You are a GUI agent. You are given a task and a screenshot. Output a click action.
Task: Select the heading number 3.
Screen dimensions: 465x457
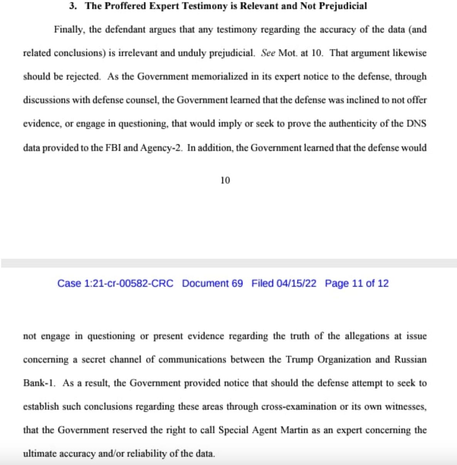(72, 6)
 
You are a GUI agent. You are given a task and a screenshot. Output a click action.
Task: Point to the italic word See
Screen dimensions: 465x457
(268, 53)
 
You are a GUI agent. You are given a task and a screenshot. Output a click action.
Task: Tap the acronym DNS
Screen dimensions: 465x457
(417, 124)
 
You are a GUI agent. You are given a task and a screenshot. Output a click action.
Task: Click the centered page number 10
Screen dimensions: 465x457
(225, 180)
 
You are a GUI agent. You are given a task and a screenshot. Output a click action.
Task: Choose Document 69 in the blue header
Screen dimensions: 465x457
(212, 284)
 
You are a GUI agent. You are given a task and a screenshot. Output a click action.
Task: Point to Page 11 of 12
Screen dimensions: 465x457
(356, 284)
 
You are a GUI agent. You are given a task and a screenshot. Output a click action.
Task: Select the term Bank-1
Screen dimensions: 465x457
(39, 383)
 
